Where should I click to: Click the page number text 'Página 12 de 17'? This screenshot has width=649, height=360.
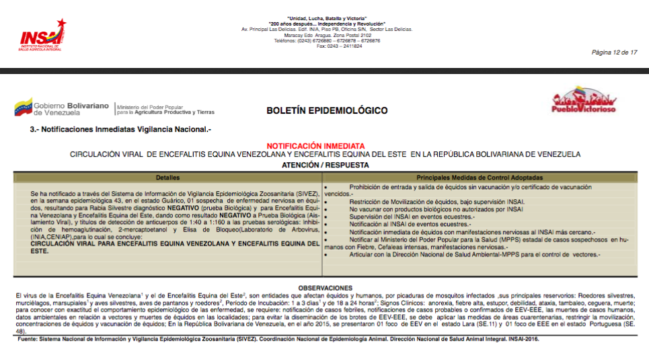614,52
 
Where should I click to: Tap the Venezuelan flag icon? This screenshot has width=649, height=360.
24,107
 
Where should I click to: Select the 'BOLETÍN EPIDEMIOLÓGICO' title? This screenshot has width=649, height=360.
327,110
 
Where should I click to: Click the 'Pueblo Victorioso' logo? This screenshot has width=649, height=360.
582,104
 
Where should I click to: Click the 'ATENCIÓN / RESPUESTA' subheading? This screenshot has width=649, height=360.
326,164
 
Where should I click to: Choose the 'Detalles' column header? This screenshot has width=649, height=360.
167,178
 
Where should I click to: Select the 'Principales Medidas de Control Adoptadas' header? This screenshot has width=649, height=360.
480,178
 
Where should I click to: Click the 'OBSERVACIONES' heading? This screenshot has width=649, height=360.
326,288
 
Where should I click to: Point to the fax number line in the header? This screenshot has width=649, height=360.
326,46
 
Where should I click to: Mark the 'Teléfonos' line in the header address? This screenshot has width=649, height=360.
326,40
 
